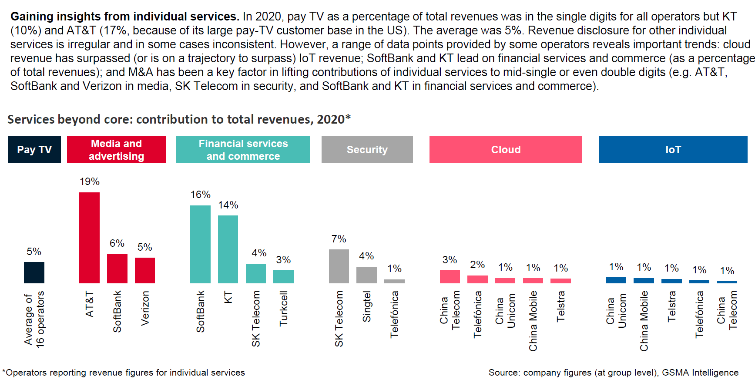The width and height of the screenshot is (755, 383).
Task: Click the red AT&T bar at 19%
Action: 89,238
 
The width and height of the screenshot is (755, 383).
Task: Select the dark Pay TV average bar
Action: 34,273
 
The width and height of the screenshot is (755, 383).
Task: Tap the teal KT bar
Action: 228,249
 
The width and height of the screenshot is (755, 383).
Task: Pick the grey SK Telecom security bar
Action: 339,266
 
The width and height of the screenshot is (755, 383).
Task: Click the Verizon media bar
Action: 145,270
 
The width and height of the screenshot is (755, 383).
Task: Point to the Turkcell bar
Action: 283,277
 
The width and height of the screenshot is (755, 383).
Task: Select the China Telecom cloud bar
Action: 450,277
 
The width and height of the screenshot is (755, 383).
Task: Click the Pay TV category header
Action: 34,149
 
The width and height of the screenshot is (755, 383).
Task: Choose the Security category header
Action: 367,149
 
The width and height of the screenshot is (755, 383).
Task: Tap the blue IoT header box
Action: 673,149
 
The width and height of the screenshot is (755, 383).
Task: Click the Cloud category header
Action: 506,149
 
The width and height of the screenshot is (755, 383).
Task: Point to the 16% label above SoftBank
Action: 200,195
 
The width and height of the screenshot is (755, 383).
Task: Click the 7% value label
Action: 339,239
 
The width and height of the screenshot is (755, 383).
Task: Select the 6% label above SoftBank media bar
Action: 117,243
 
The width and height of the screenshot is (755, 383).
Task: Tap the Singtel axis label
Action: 367,306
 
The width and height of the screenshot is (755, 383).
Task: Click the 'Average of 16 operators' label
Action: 34,319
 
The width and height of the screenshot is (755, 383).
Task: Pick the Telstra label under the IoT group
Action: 672,306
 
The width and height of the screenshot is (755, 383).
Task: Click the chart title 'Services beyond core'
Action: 179,119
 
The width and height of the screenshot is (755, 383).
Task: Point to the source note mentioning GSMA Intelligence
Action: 613,373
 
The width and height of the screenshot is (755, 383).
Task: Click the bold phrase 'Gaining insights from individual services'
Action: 125,17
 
